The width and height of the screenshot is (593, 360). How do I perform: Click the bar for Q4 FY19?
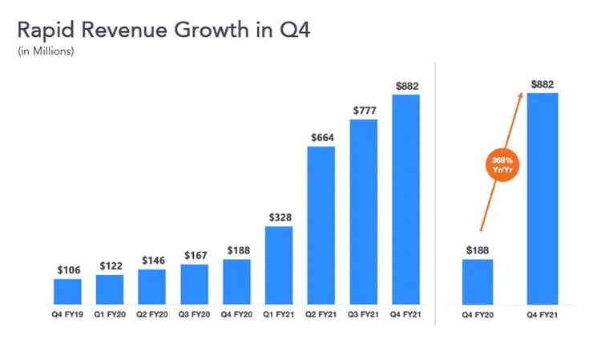pos(67,292)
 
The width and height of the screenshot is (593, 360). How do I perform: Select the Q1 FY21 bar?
pos(279,265)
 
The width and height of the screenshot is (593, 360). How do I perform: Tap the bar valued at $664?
pos(321,225)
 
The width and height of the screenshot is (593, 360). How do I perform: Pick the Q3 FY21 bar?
pos(364,212)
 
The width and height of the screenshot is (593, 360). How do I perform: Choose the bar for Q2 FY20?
pos(151,287)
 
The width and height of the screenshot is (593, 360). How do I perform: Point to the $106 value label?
pos(67,270)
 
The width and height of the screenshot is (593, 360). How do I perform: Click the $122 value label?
pos(110,265)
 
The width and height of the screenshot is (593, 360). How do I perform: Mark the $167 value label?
pos(194,255)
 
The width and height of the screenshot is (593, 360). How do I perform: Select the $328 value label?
pos(279,216)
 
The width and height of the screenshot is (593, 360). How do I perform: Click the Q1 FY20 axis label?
pos(110,314)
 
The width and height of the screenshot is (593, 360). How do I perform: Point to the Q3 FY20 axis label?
pos(194,314)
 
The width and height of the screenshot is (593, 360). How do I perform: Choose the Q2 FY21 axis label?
pos(321,314)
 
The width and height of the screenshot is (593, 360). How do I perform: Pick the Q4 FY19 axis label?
pos(67,314)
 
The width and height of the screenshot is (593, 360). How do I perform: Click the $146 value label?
pos(151,261)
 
